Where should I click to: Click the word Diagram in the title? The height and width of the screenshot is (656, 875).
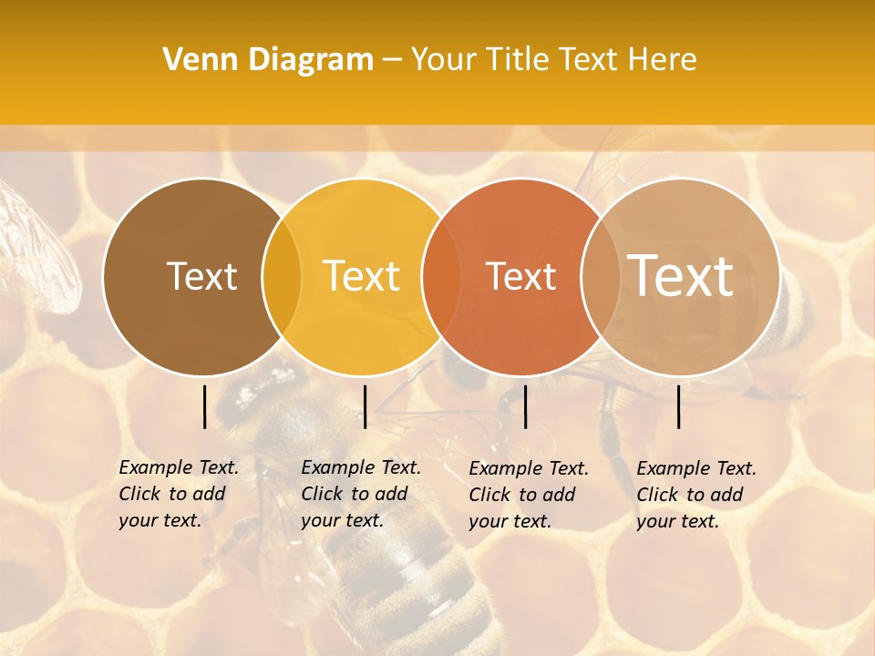point(310,60)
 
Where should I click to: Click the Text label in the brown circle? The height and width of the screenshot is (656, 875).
point(201,276)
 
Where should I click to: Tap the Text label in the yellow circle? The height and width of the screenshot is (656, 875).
point(362,276)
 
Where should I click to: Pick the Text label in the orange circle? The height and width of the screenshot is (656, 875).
point(520,276)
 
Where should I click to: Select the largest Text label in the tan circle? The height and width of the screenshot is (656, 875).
point(681,275)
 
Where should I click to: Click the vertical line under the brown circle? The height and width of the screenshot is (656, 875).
point(204,406)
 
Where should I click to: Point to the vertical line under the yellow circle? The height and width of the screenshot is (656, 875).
point(365,406)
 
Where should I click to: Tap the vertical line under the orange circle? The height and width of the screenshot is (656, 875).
point(526,406)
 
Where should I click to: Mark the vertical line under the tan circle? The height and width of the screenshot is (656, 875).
point(679,406)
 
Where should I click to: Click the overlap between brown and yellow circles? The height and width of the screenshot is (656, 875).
point(282,277)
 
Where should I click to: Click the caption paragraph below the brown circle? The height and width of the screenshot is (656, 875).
point(179,494)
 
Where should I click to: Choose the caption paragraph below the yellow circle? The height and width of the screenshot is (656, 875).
point(361,494)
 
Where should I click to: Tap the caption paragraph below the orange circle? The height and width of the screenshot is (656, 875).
point(529,495)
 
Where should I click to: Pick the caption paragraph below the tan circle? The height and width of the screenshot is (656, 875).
point(696,495)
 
